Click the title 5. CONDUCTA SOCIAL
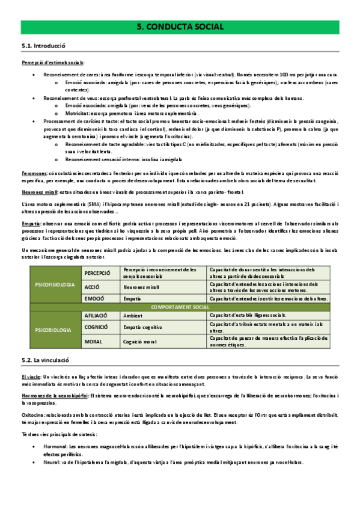(x=180, y=27)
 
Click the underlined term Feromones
(x=34, y=172)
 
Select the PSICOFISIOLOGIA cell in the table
(x=55, y=283)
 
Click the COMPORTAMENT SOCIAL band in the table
(x=180, y=307)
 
